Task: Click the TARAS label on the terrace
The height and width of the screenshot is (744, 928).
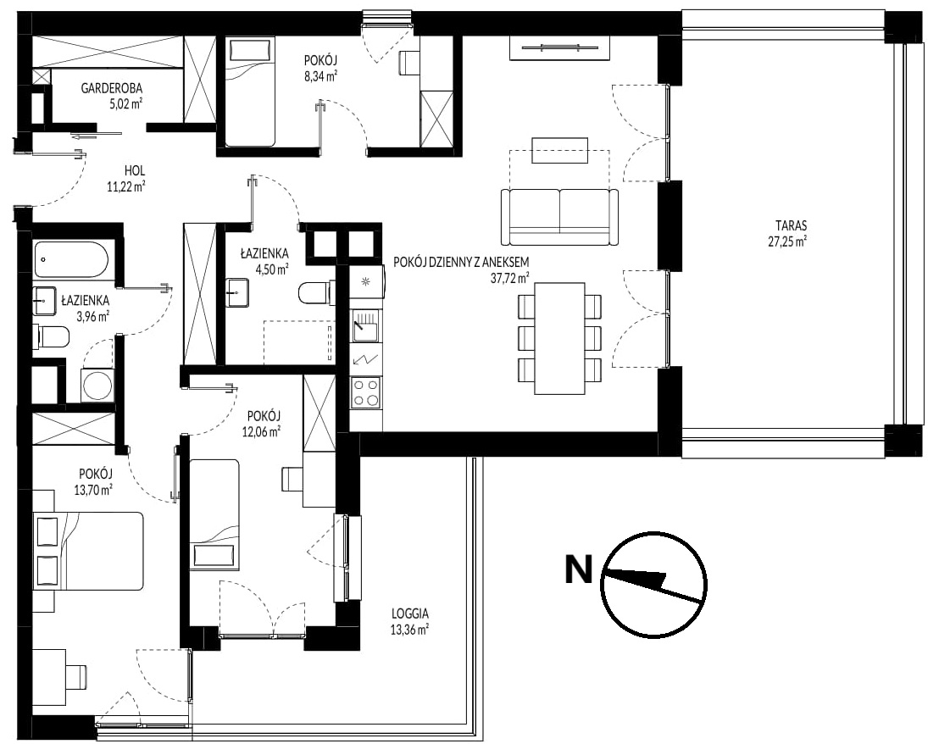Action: pos(792,225)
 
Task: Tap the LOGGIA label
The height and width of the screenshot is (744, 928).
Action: pos(409,614)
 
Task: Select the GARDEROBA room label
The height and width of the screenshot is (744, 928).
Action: pos(112,89)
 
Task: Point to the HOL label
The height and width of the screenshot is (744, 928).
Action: pos(135,171)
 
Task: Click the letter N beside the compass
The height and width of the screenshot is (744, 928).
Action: pos(579,569)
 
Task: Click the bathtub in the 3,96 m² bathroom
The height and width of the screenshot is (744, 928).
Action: pos(71,259)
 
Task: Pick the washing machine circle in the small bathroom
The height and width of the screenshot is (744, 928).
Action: pos(97,386)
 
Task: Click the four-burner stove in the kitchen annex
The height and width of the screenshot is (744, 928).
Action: pos(366,393)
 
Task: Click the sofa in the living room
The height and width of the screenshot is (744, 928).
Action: pos(559,217)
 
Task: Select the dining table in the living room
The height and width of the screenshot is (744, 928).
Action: pos(559,339)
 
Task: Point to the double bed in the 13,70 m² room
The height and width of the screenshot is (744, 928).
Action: pos(89,551)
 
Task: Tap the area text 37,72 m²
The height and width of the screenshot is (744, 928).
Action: pos(509,278)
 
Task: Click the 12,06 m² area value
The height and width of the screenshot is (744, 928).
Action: pos(261,431)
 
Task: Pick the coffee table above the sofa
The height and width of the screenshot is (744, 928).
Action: pos(560,150)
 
